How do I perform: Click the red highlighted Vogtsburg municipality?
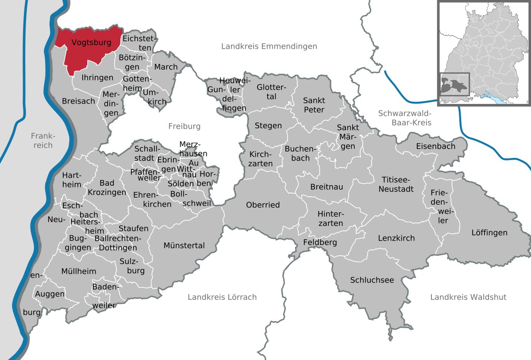click(x=91, y=49)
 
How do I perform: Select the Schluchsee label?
click(x=372, y=280)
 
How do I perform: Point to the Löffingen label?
click(x=489, y=232)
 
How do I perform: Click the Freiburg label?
click(x=184, y=126)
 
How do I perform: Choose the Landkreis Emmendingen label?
click(x=269, y=46)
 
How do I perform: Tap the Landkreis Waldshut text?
click(x=468, y=297)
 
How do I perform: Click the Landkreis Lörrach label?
click(x=222, y=297)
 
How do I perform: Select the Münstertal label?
click(x=184, y=245)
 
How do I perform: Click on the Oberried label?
click(x=263, y=205)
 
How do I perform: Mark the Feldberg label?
click(x=320, y=242)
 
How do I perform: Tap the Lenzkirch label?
click(x=396, y=238)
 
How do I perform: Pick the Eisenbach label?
click(x=435, y=146)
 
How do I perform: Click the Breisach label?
click(x=78, y=101)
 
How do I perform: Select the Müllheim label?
click(x=79, y=271)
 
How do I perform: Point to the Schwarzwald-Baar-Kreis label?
click(x=404, y=118)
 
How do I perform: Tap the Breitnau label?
click(x=327, y=187)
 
